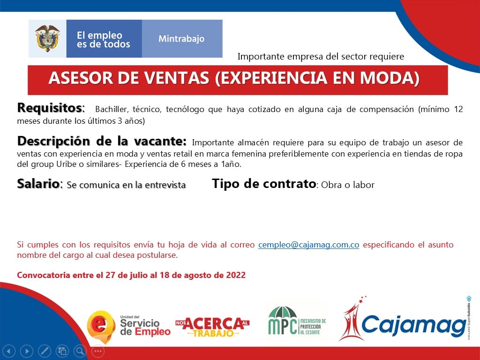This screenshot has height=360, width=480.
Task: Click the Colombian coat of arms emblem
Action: pos(47,38)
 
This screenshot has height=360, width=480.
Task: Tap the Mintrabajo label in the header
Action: pos(181,39)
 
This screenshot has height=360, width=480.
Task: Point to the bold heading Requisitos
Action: pos(50,108)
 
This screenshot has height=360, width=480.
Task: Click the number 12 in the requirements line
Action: pos(458,109)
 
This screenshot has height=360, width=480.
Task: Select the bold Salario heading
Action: pos(38,184)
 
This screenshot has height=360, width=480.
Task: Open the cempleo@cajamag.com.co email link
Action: pos(308,245)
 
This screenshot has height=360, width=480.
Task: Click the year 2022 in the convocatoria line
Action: pos(236,275)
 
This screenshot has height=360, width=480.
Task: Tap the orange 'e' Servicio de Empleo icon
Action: pos(101,327)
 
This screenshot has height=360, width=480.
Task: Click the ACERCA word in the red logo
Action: pos(214,323)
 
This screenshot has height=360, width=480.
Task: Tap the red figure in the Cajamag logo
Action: pos(352,319)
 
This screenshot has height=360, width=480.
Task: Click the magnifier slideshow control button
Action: pos(80,351)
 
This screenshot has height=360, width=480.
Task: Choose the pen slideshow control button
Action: pos(45,351)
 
